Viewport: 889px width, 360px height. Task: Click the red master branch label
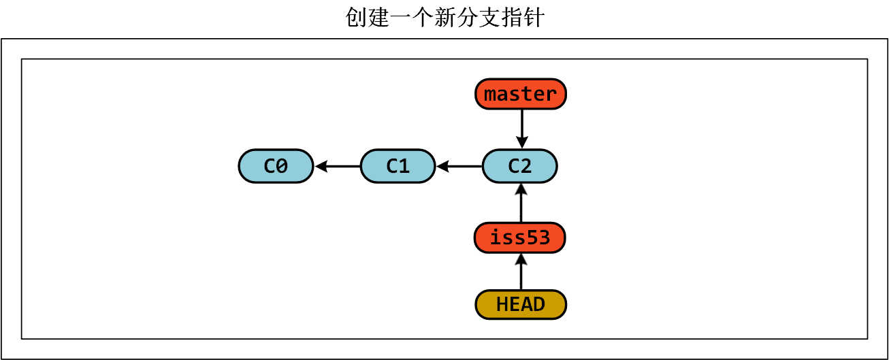click(x=521, y=94)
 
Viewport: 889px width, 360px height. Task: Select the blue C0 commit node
click(x=276, y=166)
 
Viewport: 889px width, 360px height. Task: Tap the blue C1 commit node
click(x=398, y=166)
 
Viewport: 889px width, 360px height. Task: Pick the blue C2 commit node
click(x=520, y=166)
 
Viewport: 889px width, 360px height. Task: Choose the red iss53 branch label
click(x=520, y=238)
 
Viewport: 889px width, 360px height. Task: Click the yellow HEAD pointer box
click(x=521, y=304)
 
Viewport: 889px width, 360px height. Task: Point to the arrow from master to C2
click(x=521, y=129)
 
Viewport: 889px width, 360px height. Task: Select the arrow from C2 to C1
click(x=459, y=166)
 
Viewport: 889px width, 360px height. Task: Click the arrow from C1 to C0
click(x=337, y=166)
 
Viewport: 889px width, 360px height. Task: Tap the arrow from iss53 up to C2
click(x=521, y=202)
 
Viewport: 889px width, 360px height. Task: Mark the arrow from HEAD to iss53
click(x=521, y=272)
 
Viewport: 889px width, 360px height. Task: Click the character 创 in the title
click(x=356, y=18)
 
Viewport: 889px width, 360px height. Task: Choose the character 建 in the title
click(x=378, y=18)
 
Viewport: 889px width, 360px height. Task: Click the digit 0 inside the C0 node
click(x=282, y=166)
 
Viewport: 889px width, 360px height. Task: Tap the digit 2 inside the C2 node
click(x=526, y=166)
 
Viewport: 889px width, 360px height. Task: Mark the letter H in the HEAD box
click(x=502, y=304)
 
